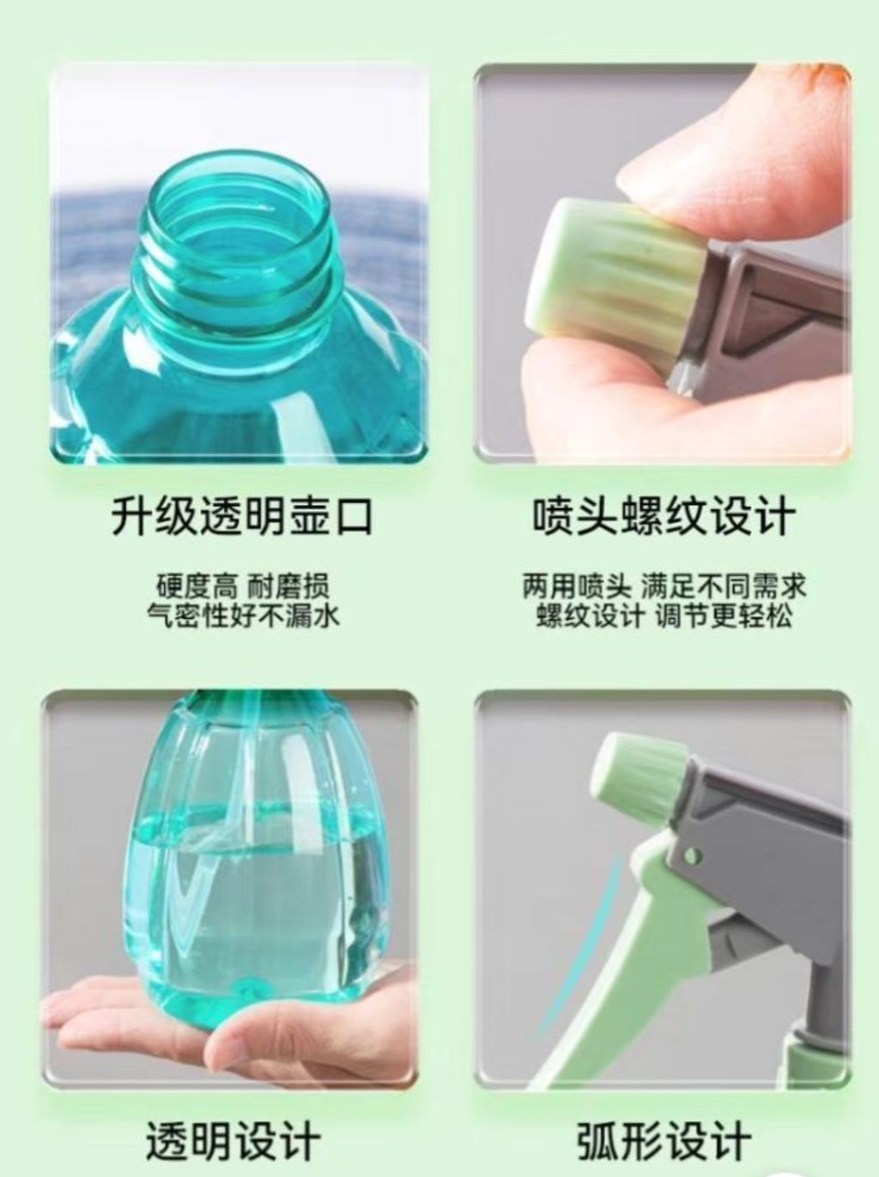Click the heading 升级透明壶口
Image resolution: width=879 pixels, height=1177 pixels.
pyautogui.click(x=241, y=516)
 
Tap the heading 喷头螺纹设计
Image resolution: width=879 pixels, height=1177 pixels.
pyautogui.click(x=664, y=516)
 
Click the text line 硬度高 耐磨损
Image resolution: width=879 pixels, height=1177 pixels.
pyautogui.click(x=242, y=585)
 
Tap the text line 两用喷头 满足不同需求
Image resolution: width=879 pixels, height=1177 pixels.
pyautogui.click(x=664, y=585)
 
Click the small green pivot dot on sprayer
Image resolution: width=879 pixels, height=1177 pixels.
pyautogui.click(x=692, y=855)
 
